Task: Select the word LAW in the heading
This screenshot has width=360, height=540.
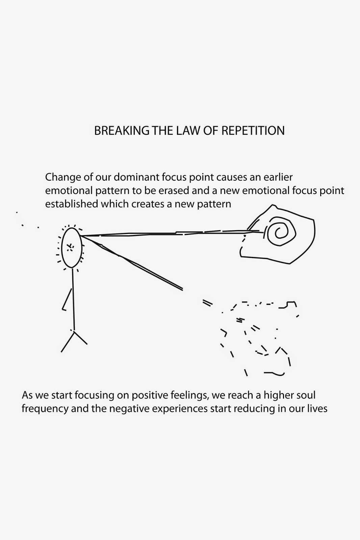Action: [188, 131]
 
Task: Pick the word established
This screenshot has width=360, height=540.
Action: [71, 204]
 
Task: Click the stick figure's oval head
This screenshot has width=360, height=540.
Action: [62, 247]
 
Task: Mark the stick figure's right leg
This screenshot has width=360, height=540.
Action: [81, 338]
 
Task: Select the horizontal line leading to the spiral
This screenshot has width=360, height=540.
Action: [169, 233]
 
